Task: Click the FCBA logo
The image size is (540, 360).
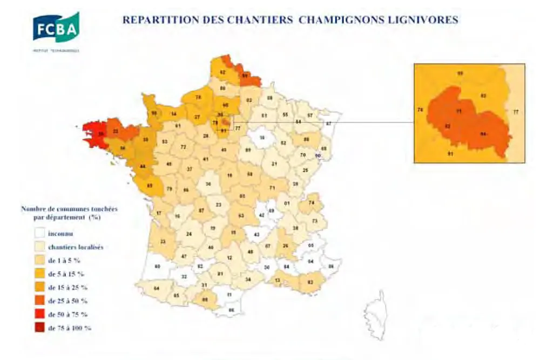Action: pyautogui.click(x=56, y=28)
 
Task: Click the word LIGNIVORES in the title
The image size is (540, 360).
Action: pyautogui.click(x=426, y=20)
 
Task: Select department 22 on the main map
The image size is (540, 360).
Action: pyautogui.click(x=116, y=131)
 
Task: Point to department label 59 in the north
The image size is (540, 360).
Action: pyautogui.click(x=245, y=76)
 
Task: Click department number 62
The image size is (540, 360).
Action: pyautogui.click(x=222, y=72)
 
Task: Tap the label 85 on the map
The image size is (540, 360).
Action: pyautogui.click(x=150, y=186)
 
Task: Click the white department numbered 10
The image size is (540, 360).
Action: pyautogui.click(x=262, y=138)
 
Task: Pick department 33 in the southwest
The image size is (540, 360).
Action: pyautogui.click(x=163, y=241)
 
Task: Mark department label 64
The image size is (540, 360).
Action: pyautogui.click(x=156, y=288)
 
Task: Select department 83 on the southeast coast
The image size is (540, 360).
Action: pyautogui.click(x=310, y=281)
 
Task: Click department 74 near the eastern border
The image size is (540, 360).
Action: pyautogui.click(x=312, y=203)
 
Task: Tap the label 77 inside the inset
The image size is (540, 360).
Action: pyautogui.click(x=515, y=112)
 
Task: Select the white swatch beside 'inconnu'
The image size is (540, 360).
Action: pyautogui.click(x=39, y=234)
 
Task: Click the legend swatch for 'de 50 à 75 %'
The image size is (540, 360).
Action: pyautogui.click(x=39, y=314)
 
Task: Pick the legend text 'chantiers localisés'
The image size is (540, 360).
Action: pyautogui.click(x=76, y=247)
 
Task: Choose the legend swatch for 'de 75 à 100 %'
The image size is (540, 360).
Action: pyautogui.click(x=39, y=327)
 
